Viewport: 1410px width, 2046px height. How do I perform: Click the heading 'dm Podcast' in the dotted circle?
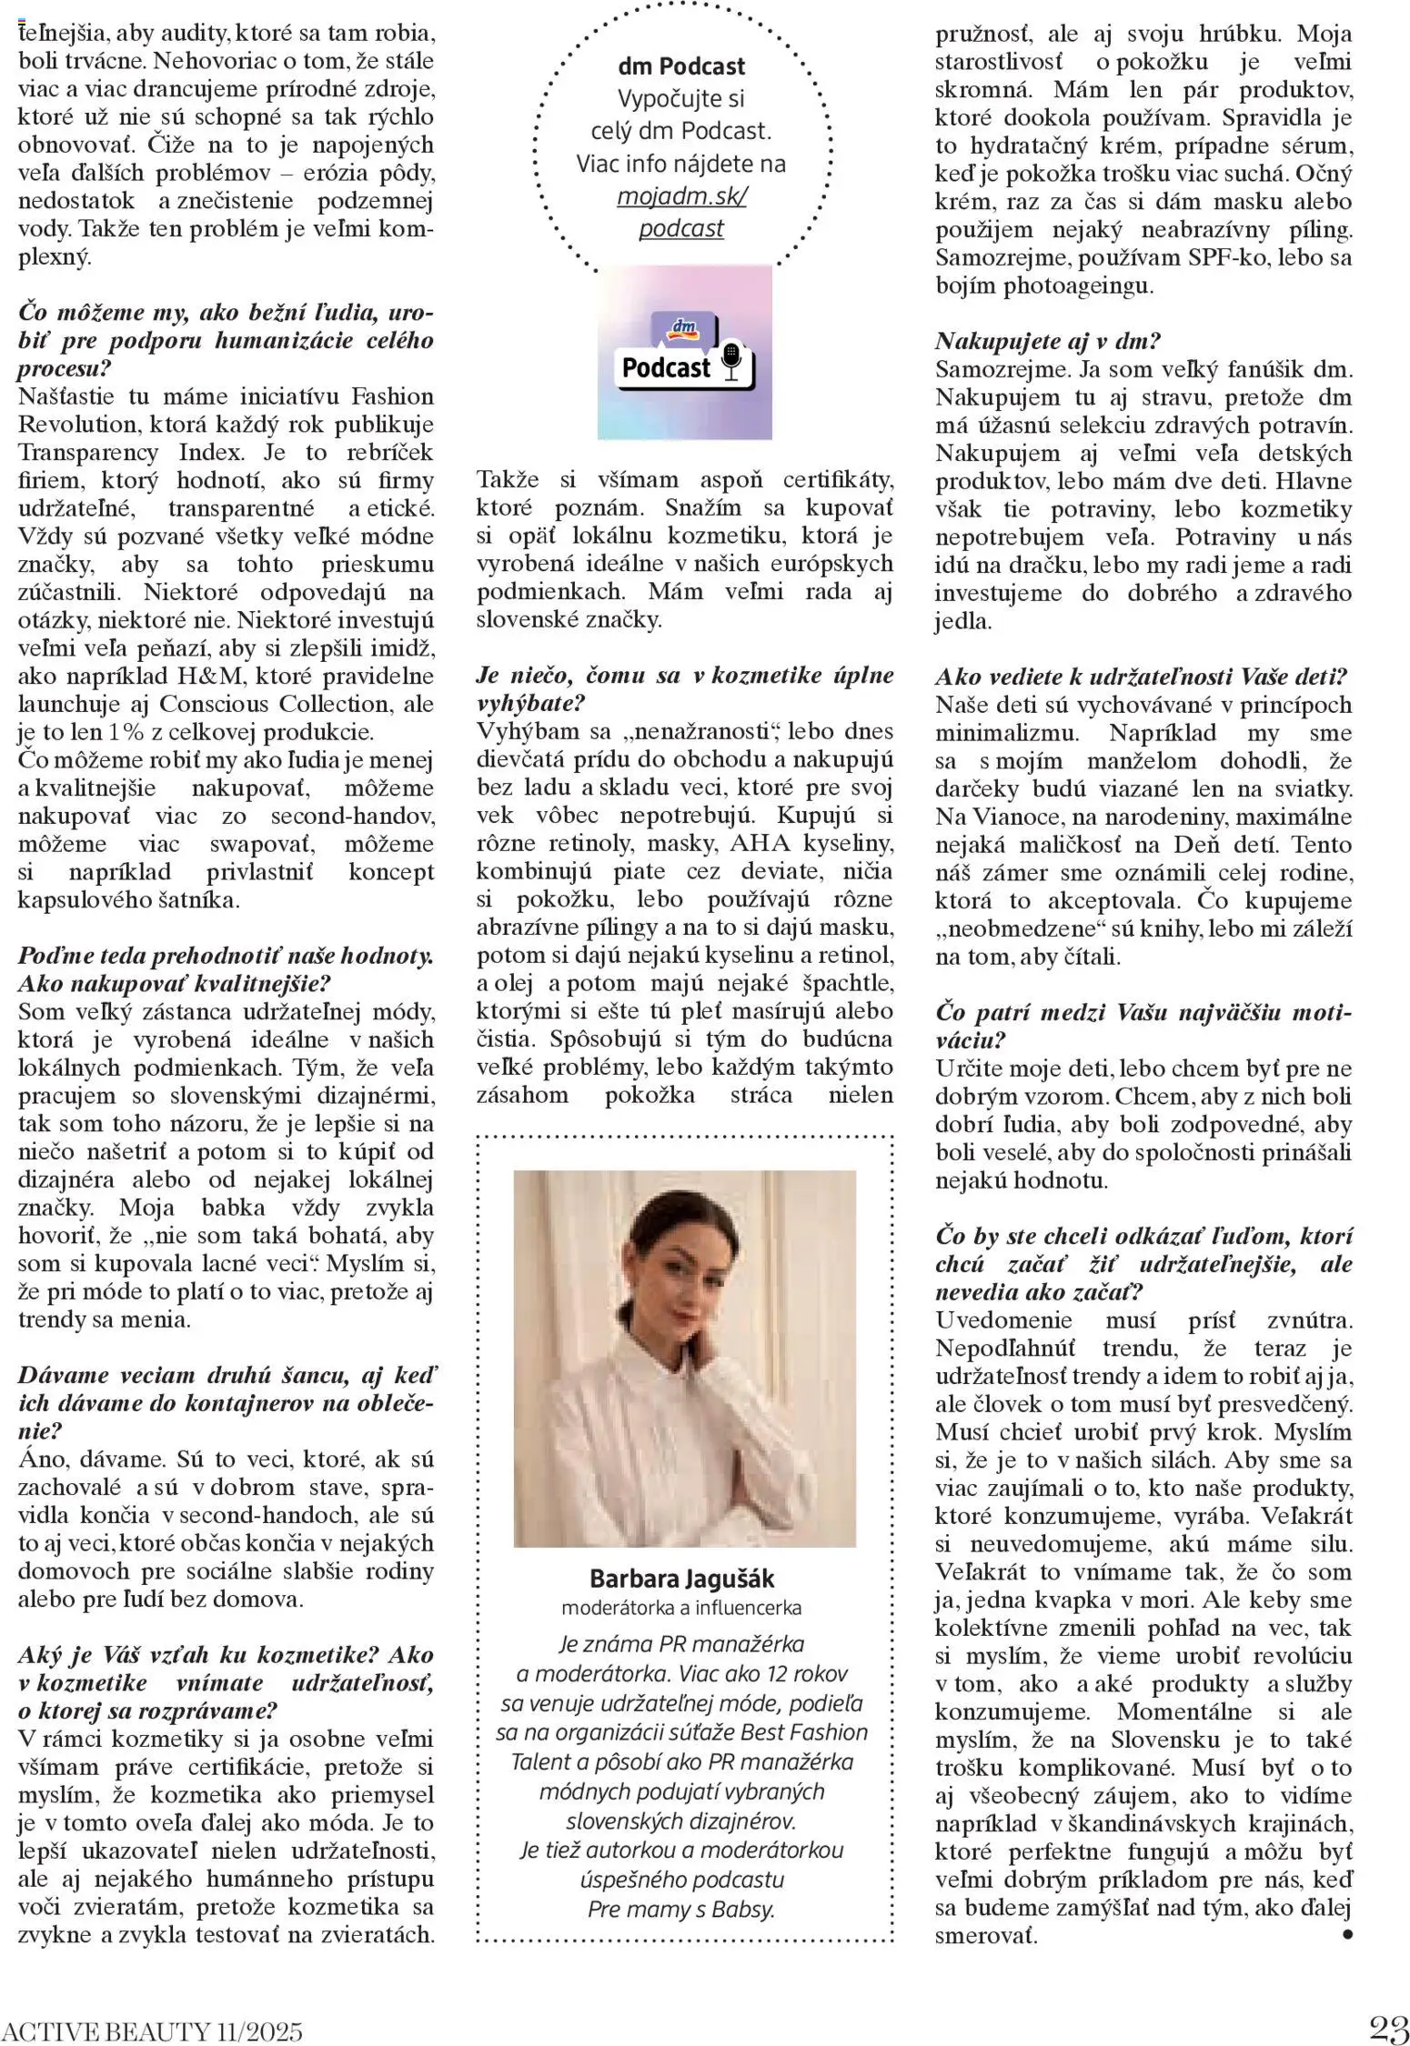pyautogui.click(x=681, y=66)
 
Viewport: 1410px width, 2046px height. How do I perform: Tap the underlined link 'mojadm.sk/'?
pyautogui.click(x=681, y=197)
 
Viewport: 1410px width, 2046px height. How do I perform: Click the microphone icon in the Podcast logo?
pyautogui.click(x=730, y=362)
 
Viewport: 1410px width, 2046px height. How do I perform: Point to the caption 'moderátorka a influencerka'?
pyautogui.click(x=681, y=1608)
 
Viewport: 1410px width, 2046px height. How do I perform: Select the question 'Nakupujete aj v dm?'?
pyautogui.click(x=1048, y=342)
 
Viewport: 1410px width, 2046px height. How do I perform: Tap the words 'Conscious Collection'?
pyautogui.click(x=278, y=705)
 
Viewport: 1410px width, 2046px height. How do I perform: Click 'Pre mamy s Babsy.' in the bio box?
pyautogui.click(x=681, y=1909)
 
